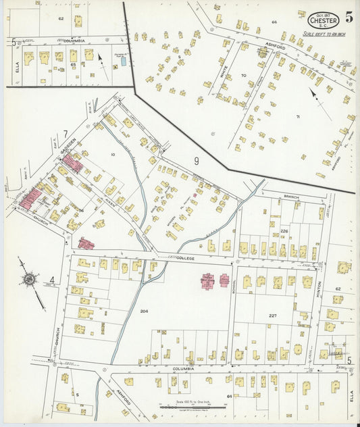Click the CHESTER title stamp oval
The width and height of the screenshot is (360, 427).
click(x=321, y=19)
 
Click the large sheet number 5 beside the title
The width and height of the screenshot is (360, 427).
click(x=348, y=17)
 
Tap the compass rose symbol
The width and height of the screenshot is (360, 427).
click(x=30, y=278)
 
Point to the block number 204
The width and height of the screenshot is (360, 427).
click(x=143, y=311)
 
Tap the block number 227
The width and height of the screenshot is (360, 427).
click(x=272, y=316)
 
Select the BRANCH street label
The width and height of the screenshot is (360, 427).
click(x=291, y=197)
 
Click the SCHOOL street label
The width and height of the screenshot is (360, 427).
click(x=234, y=287)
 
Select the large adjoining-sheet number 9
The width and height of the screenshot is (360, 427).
click(x=196, y=161)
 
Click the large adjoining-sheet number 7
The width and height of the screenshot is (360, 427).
click(x=66, y=134)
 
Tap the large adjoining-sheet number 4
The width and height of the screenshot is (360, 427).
click(x=51, y=280)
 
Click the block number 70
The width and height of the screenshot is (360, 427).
click(x=243, y=76)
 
